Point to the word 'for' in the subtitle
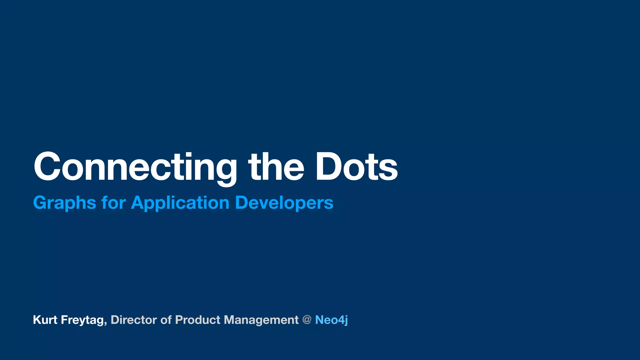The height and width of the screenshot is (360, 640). tap(113, 202)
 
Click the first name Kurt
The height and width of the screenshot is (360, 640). tap(45, 320)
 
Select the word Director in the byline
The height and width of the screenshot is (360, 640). tap(134, 320)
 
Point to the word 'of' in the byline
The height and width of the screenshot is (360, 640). tap(166, 320)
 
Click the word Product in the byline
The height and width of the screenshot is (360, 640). tap(198, 320)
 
